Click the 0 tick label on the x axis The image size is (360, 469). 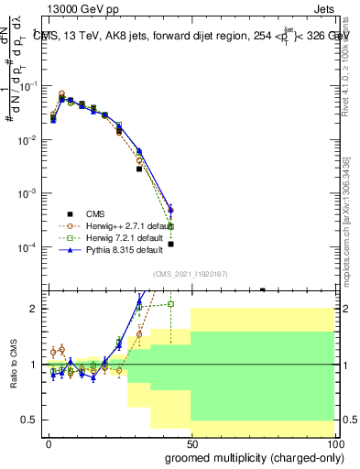pos(48,442)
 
